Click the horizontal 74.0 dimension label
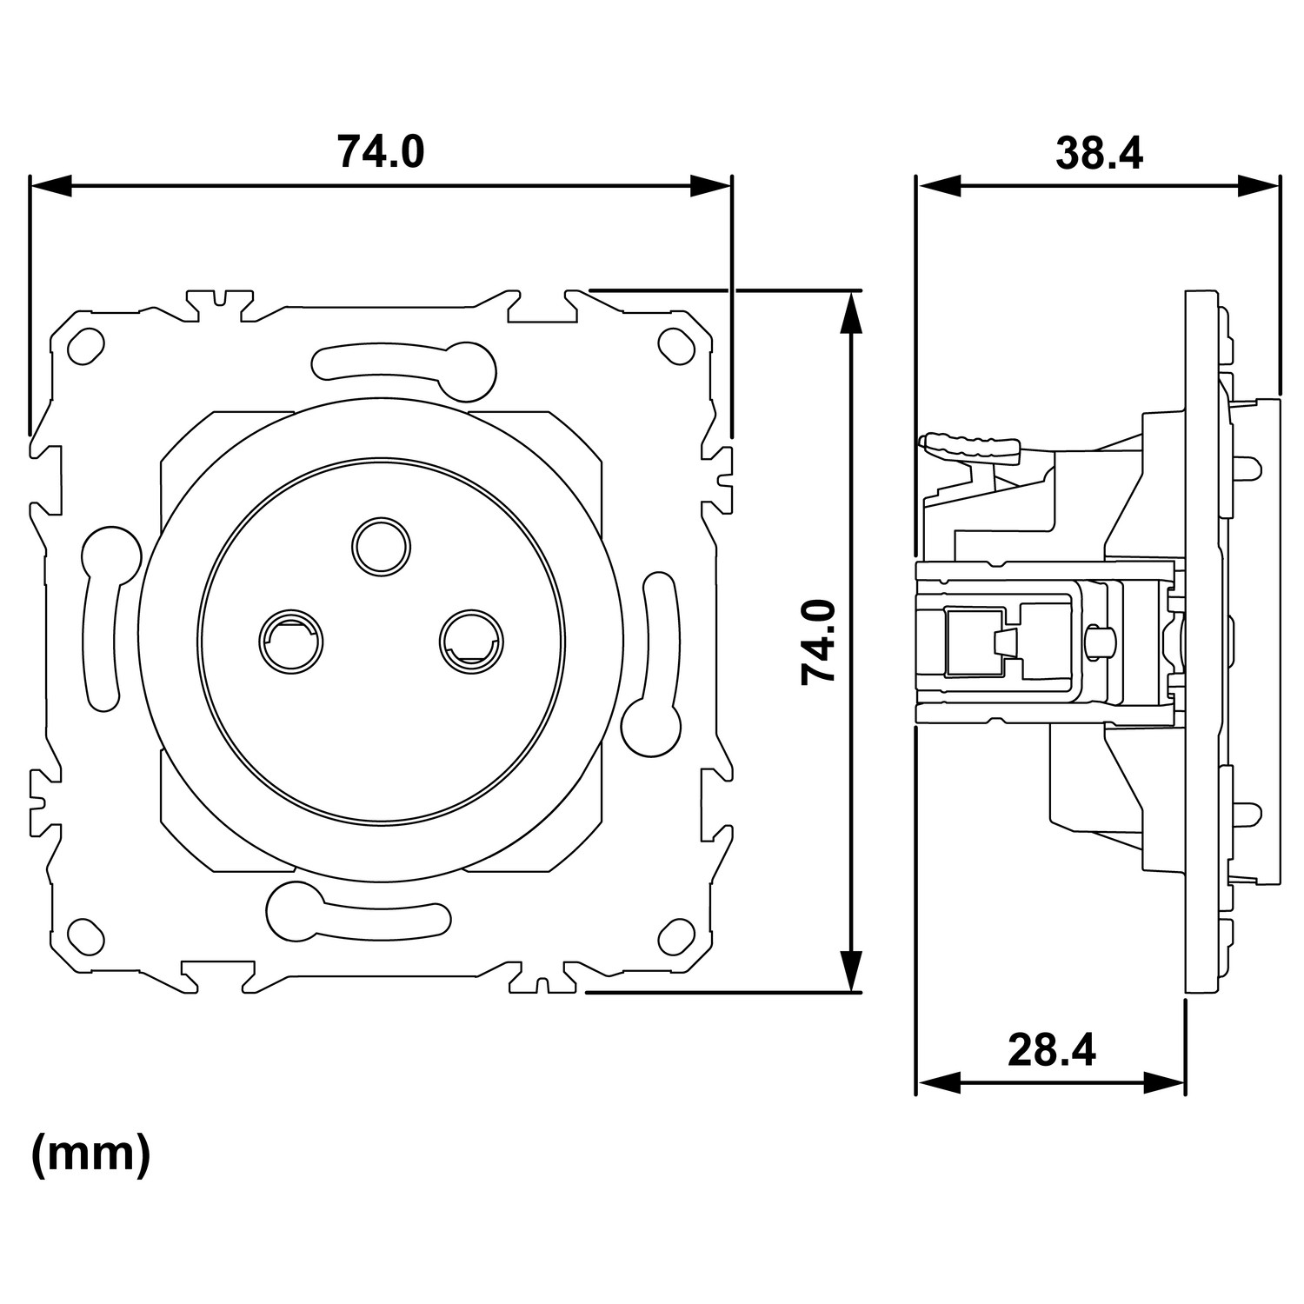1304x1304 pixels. click(381, 150)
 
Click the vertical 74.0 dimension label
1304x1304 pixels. click(818, 642)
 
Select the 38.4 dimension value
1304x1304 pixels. click(1099, 153)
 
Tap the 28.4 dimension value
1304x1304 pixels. click(1052, 1050)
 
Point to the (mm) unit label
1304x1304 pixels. click(90, 1154)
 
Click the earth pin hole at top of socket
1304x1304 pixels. click(381, 546)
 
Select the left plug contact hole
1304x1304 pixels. click(290, 641)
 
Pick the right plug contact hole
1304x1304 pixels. click(471, 641)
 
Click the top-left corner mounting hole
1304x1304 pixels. click(86, 346)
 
